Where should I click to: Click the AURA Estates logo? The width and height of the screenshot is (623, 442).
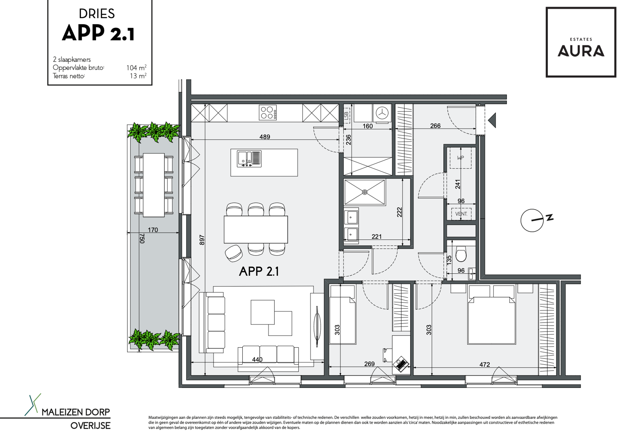pyautogui.click(x=581, y=42)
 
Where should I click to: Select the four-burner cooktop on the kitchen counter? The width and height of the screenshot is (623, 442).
pyautogui.click(x=268, y=112)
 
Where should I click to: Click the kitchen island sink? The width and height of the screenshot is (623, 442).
pyautogui.click(x=249, y=159)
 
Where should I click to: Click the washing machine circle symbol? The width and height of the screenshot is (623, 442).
pyautogui.click(x=382, y=113)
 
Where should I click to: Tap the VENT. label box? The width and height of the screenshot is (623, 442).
pyautogui.click(x=461, y=214)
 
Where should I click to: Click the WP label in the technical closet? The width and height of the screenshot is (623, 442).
pyautogui.click(x=461, y=158)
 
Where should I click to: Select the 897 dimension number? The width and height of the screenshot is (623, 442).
pyautogui.click(x=202, y=240)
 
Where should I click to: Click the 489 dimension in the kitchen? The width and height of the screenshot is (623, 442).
pyautogui.click(x=264, y=137)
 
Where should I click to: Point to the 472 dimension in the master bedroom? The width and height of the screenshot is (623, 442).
pyautogui.click(x=485, y=364)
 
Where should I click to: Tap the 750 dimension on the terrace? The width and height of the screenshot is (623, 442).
pyautogui.click(x=142, y=238)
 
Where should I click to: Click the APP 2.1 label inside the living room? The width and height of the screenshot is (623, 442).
pyautogui.click(x=258, y=271)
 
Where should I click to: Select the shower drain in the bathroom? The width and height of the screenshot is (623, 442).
pyautogui.click(x=365, y=192)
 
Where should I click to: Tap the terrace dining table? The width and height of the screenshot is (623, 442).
pyautogui.click(x=154, y=185)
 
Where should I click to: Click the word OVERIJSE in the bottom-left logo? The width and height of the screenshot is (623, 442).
pyautogui.click(x=90, y=425)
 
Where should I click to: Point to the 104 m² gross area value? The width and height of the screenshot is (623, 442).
pyautogui.click(x=136, y=68)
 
